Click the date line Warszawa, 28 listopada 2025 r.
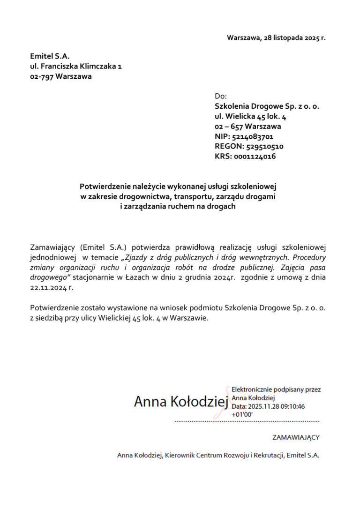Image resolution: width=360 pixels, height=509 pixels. (x=276, y=37)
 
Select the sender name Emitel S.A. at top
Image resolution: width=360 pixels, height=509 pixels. (x=50, y=56)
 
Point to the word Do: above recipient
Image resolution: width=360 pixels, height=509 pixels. (x=220, y=96)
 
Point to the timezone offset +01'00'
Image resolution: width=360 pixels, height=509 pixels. (x=242, y=415)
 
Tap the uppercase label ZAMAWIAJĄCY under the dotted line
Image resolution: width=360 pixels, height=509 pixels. (x=296, y=438)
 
